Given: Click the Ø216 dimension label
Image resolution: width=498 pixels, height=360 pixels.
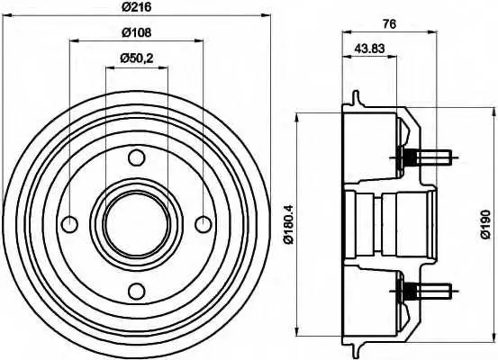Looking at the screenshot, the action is [x=137, y=6].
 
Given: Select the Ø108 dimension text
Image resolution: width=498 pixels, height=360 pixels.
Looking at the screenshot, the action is [x=137, y=32].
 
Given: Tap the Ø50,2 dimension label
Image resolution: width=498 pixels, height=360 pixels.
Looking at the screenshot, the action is [x=137, y=58].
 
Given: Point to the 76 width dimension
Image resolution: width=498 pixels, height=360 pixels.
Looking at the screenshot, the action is [x=389, y=23].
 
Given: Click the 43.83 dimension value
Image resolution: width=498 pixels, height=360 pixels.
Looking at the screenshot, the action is [x=369, y=49].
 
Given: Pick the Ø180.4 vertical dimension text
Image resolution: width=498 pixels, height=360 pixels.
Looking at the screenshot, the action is [x=289, y=224].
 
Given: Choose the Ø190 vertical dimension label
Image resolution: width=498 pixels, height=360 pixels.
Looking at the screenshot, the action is [x=486, y=224].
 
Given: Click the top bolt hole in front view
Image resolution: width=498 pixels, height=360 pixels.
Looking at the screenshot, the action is [x=137, y=157].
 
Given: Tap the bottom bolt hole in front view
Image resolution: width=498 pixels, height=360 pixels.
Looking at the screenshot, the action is [x=137, y=291].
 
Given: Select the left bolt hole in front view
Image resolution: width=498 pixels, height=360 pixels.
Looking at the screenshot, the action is [x=69, y=224].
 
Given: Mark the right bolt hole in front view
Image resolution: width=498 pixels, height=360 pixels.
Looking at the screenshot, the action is [x=204, y=224].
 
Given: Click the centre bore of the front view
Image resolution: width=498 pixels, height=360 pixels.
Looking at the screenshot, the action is [x=137, y=224].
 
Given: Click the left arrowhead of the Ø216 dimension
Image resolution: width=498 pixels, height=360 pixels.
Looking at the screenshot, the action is [x=6, y=14].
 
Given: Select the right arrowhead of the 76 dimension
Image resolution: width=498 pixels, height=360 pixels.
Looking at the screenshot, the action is [x=433, y=31].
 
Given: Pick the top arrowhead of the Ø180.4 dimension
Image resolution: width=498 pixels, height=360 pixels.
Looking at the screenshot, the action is [x=297, y=117].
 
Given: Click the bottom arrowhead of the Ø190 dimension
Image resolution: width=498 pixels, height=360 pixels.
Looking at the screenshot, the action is [x=494, y=337].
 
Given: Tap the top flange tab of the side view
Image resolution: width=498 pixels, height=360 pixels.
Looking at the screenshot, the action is [x=357, y=98].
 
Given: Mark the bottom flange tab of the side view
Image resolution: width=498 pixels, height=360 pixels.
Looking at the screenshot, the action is [x=357, y=350].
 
